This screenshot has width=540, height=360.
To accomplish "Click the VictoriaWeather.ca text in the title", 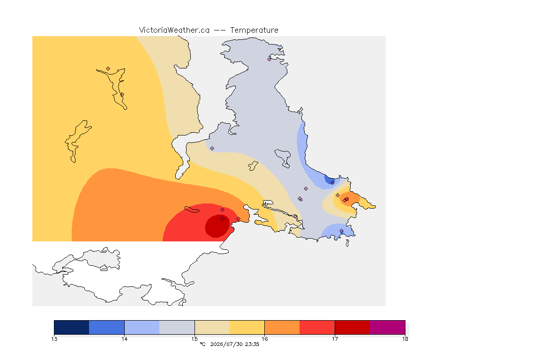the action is pos(174,30).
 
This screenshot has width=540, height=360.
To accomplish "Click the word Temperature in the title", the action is pos(254,30).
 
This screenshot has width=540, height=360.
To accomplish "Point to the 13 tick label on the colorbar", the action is pos(54,339).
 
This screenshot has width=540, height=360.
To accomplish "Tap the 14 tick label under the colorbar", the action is pos(124,339).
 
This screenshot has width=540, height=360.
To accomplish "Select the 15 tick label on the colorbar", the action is pos(195,339).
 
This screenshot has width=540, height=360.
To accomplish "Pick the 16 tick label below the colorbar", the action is pos(264,339).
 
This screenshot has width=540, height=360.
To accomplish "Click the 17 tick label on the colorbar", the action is pos(335,339).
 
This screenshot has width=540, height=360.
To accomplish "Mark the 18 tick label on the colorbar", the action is pos(405,339).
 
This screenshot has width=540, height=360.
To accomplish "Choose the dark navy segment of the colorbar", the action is pos(72,327).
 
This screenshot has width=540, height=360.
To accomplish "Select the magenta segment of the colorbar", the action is pos(388,327).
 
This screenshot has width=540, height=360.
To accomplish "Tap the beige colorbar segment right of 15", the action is pos(212,327).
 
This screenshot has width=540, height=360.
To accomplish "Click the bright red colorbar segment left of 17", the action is pos(317,327).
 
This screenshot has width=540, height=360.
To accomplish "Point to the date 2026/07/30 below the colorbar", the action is pos(226,344).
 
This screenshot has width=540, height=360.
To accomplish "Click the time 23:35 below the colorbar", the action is pos(252,344).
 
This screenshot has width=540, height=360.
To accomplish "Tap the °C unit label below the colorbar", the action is pos(202,344).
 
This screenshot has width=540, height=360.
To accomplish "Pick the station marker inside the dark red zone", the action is pos(223,219).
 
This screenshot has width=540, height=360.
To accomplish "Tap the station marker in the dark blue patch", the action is pos(332,183).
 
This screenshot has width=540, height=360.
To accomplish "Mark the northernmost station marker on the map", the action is pos(270,59).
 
